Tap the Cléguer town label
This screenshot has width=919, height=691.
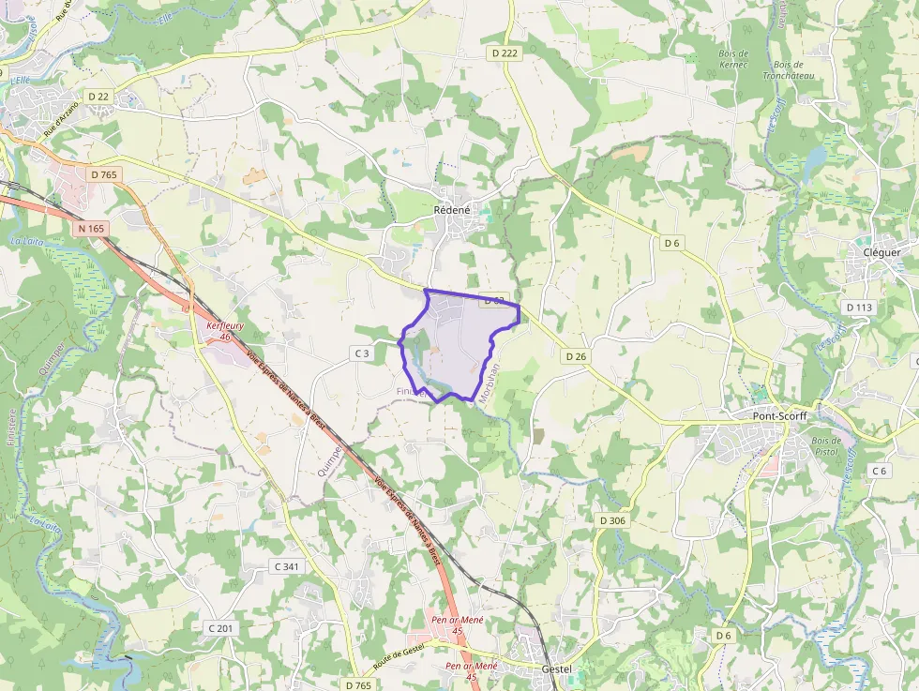tap(881, 252)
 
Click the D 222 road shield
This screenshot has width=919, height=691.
tap(505, 53)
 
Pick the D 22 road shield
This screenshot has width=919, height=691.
tap(98, 97)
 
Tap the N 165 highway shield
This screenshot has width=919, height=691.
tap(92, 228)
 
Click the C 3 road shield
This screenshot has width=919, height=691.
tap(362, 353)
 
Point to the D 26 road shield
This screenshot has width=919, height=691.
tap(576, 356)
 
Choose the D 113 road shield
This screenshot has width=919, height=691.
tap(858, 307)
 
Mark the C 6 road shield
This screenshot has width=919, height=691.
tap(879, 470)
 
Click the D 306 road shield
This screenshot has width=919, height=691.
tap(611, 520)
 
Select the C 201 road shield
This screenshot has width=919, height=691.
tap(218, 627)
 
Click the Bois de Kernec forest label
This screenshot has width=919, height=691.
tap(733, 59)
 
